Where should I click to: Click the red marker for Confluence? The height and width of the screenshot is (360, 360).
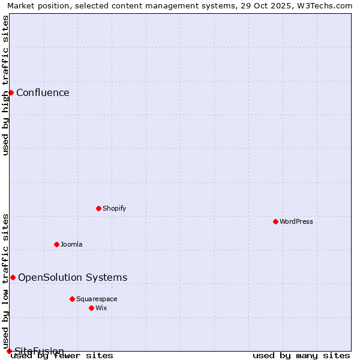[11, 92]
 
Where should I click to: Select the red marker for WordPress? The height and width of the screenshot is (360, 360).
[275, 221]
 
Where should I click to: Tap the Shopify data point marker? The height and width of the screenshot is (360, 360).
[98, 208]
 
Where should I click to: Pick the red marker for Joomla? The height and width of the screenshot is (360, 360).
[56, 244]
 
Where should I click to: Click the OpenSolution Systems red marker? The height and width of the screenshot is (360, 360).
[13, 277]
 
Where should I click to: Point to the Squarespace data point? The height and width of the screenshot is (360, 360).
[72, 299]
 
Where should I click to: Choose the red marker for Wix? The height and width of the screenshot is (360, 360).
[91, 308]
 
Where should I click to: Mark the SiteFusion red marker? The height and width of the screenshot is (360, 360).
[9, 351]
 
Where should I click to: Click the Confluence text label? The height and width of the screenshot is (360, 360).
[43, 92]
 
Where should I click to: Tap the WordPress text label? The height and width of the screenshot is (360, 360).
[296, 221]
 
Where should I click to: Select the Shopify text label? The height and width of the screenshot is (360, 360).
[115, 208]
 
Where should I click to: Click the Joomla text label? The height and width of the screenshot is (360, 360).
[71, 244]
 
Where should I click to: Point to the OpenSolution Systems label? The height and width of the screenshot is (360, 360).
[73, 277]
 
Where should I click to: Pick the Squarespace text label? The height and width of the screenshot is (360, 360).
[97, 299]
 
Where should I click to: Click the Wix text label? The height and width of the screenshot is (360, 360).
[101, 308]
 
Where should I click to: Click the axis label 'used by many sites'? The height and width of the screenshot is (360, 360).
[301, 356]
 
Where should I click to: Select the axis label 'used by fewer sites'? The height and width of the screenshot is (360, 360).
[62, 356]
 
